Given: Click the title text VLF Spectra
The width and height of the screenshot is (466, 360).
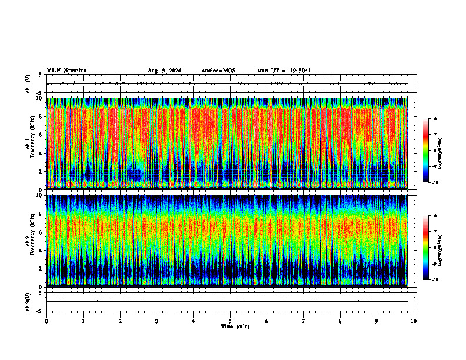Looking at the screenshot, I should pyautogui.click(x=66, y=71).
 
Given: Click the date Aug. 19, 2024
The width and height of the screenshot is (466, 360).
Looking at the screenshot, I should pyautogui.click(x=164, y=71).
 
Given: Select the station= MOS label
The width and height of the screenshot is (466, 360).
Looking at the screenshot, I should pyautogui.click(x=218, y=71).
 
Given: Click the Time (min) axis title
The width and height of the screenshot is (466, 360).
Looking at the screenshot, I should pyautogui.click(x=235, y=326).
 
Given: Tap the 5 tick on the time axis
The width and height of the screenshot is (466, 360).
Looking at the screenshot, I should pyautogui.click(x=230, y=321).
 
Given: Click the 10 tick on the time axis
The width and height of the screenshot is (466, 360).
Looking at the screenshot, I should pyautogui.click(x=414, y=321).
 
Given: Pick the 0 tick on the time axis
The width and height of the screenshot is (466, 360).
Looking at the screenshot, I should pyautogui.click(x=46, y=321).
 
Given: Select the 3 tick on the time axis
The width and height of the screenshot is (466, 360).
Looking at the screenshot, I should pyautogui.click(x=157, y=321).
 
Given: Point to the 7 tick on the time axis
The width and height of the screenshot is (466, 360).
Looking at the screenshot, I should pyautogui.click(x=304, y=321).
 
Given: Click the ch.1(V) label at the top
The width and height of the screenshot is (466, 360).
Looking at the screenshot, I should pyautogui.click(x=28, y=84).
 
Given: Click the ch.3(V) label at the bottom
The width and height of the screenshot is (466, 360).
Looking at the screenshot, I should pyautogui.click(x=28, y=301).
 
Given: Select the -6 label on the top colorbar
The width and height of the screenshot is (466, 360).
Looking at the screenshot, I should pyautogui.click(x=435, y=119).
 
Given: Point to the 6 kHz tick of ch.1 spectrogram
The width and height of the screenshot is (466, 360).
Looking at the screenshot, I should pyautogui.click(x=40, y=135).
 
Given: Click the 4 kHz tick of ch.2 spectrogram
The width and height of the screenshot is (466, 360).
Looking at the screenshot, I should pyautogui.click(x=40, y=250).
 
